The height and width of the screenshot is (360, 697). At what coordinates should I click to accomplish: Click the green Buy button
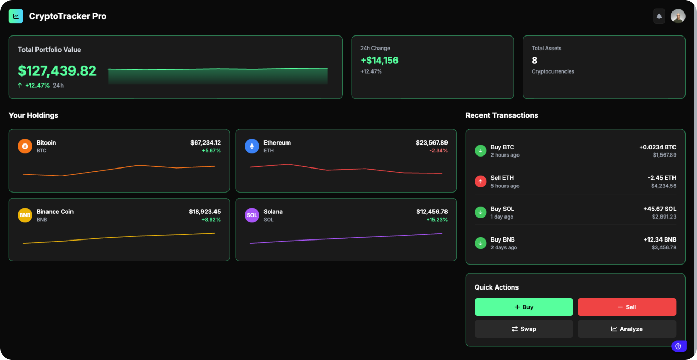tap(523, 307)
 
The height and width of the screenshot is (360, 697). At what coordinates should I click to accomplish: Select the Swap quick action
tap(523, 329)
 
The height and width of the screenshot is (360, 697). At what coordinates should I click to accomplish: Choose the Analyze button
tap(627, 329)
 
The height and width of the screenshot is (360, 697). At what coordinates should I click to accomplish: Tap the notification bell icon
tap(659, 17)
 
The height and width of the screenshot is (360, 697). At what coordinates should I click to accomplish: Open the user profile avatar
tap(678, 17)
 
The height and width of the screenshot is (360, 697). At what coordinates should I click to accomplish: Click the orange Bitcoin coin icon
tap(25, 146)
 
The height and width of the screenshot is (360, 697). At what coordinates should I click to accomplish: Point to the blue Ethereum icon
tap(252, 146)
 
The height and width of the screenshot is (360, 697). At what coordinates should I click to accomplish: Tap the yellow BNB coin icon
tap(25, 215)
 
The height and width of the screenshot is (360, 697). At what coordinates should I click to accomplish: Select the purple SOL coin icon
tap(252, 215)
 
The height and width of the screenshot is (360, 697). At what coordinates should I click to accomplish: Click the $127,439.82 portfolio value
tap(57, 71)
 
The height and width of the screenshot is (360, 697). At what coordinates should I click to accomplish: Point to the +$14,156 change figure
tap(379, 61)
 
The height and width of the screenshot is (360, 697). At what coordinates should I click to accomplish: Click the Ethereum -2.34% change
tap(438, 151)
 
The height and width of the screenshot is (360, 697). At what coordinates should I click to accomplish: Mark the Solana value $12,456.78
tap(431, 212)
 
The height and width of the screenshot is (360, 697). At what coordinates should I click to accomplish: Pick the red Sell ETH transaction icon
tap(480, 182)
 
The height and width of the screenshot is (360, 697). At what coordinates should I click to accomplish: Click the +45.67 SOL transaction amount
tap(659, 209)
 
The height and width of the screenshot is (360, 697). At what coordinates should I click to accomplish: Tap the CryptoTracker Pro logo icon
tap(16, 17)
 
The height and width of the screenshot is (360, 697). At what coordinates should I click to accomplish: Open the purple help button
tap(678, 346)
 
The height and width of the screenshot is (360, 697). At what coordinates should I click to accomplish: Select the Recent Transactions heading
tap(501, 115)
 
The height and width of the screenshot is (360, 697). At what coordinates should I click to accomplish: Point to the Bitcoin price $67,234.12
tap(205, 142)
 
